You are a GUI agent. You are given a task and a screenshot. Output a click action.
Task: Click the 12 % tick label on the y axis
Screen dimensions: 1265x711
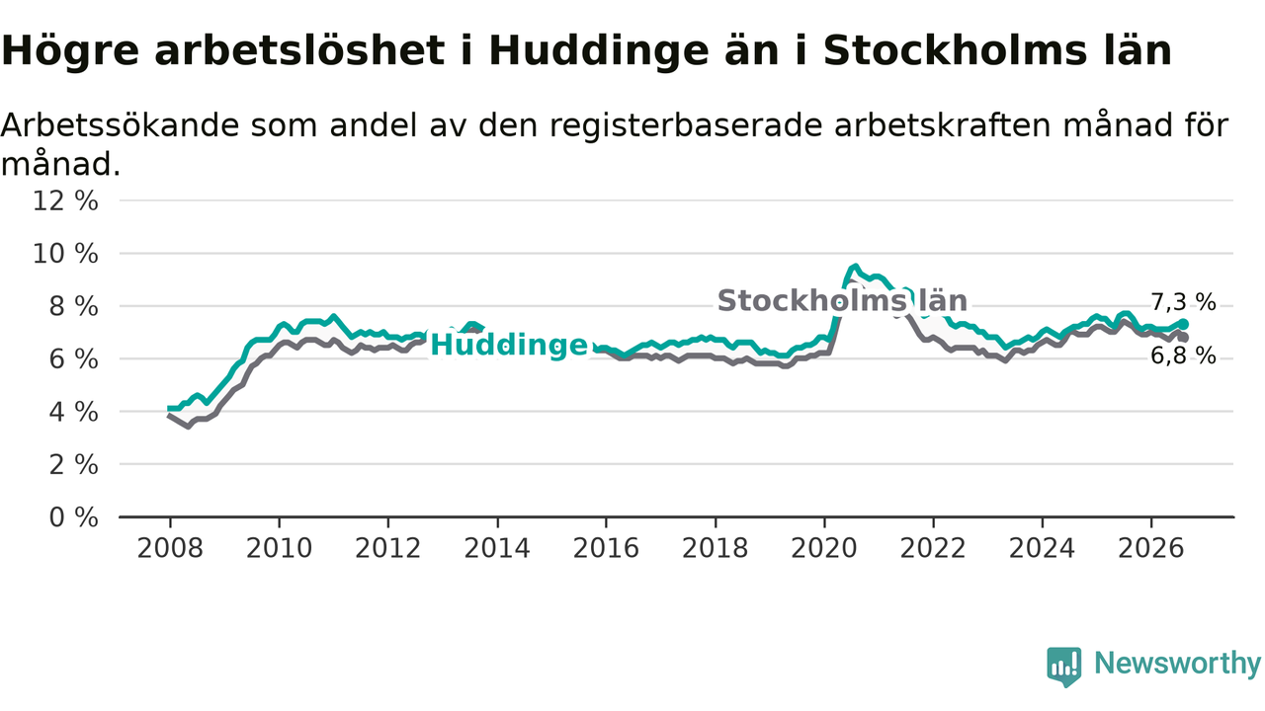click(x=65, y=200)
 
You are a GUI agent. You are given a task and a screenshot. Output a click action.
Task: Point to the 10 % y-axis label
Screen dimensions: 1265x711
click(x=65, y=254)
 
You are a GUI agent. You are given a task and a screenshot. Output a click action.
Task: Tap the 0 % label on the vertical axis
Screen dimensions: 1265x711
click(x=74, y=517)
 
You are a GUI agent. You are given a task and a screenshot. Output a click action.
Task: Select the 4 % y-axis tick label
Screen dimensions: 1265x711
click(x=74, y=413)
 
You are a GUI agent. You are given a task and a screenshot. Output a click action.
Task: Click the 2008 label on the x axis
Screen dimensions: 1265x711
click(x=170, y=548)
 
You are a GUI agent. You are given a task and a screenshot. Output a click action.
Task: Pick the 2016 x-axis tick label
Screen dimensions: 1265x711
click(x=606, y=548)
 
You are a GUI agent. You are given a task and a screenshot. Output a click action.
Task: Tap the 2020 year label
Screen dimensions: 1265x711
click(x=824, y=548)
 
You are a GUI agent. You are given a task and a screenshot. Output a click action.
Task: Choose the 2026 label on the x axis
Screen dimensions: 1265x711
click(x=1151, y=548)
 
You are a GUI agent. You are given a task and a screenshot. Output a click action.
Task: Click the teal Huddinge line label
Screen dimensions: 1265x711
click(x=509, y=346)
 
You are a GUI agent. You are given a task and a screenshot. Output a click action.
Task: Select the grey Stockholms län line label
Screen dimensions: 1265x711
click(x=842, y=301)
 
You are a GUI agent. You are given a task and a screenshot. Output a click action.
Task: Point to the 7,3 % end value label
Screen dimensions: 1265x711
click(x=1183, y=302)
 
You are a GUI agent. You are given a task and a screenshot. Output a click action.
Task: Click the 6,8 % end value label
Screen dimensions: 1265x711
click(x=1183, y=356)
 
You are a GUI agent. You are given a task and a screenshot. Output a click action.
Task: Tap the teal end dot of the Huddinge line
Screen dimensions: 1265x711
click(x=1183, y=325)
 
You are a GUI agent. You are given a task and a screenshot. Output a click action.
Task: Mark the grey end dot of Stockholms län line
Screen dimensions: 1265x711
click(x=1183, y=338)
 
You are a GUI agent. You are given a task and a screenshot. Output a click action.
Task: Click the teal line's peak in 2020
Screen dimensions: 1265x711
click(x=856, y=267)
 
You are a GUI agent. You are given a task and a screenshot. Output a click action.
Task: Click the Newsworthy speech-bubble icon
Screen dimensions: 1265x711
click(x=1064, y=667)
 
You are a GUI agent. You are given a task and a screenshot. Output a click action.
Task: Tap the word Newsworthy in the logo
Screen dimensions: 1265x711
click(x=1177, y=663)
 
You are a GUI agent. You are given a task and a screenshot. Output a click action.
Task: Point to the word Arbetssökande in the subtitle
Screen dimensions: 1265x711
click(x=120, y=125)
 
